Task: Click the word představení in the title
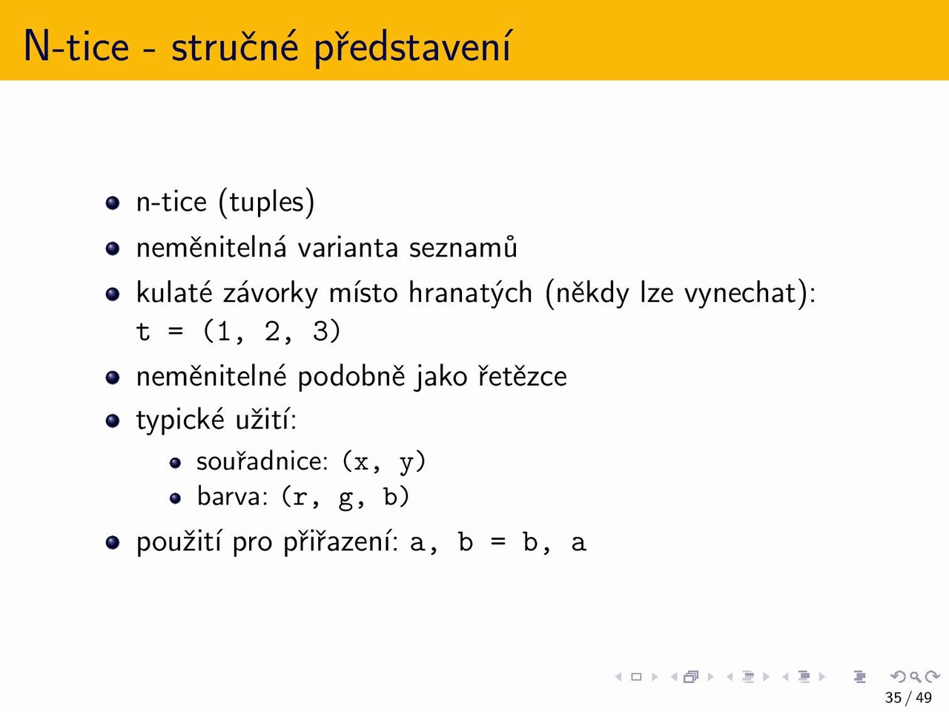pos(412,46)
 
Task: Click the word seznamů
pos(463,247)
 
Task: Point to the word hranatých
pos(470,293)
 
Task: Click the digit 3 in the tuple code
pos(321,332)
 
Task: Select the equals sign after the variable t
pos(176,332)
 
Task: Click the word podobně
pos(351,376)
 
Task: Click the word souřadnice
pos(262,461)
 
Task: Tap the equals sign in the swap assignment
pos(498,542)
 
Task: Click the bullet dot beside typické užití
pos(113,421)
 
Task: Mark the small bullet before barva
pos(175,498)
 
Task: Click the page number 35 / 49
pos(908,698)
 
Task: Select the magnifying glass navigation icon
pos(916,677)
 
